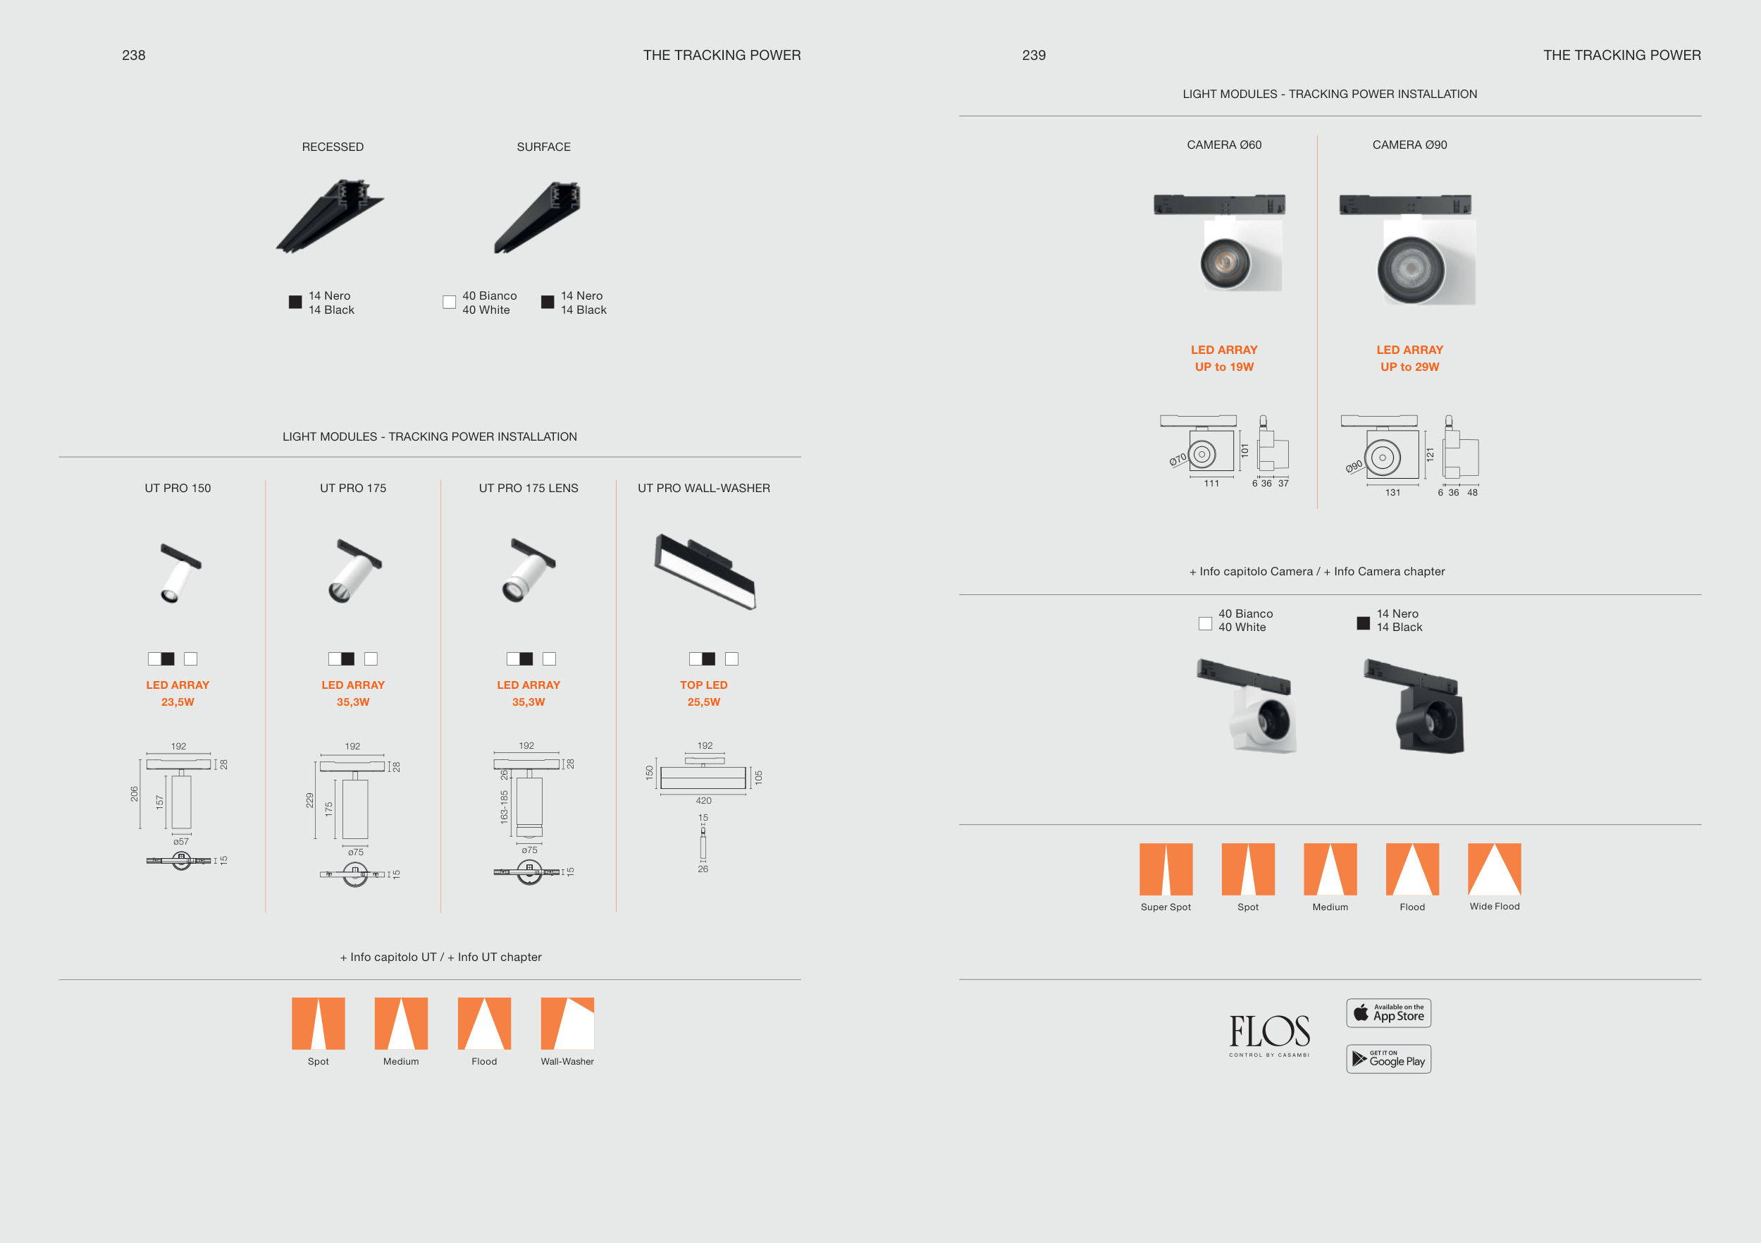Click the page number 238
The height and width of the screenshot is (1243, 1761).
click(x=133, y=55)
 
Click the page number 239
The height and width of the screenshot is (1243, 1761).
click(x=1033, y=55)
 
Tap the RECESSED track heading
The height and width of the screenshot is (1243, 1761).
click(x=333, y=147)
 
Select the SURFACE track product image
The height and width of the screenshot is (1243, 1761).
click(x=538, y=217)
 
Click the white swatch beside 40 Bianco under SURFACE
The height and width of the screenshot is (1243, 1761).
click(x=450, y=302)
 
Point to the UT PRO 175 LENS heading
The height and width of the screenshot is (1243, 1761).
click(x=529, y=488)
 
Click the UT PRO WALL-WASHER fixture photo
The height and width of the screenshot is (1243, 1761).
click(x=705, y=571)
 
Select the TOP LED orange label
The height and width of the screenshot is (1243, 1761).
click(x=703, y=685)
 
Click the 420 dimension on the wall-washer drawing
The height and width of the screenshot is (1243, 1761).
click(x=703, y=801)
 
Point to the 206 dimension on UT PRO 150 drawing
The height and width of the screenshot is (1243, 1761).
click(x=134, y=794)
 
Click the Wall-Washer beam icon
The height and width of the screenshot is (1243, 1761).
click(x=567, y=1024)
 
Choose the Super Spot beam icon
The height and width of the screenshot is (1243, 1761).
click(x=1166, y=869)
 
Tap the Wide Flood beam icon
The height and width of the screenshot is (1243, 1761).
click(x=1494, y=869)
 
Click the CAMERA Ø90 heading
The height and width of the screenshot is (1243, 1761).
click(x=1410, y=145)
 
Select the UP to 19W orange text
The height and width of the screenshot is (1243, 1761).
click(x=1224, y=367)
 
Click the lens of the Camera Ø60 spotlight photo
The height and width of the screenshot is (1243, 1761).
click(x=1225, y=263)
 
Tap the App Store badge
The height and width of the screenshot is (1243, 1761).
click(x=1388, y=1013)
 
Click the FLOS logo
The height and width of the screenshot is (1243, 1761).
click(x=1269, y=1032)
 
